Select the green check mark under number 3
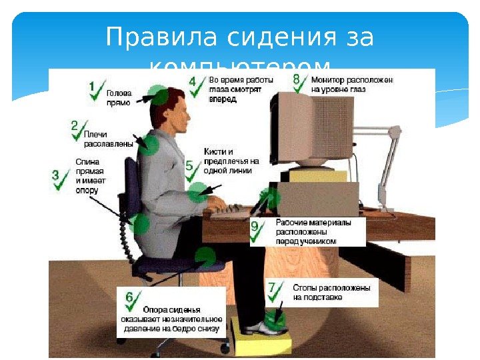tap(61, 184)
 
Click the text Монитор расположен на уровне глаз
tap(352, 83)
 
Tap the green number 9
tap(254, 227)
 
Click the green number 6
tap(129, 297)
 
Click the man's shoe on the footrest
tap(264, 327)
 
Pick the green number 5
tap(189, 165)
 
